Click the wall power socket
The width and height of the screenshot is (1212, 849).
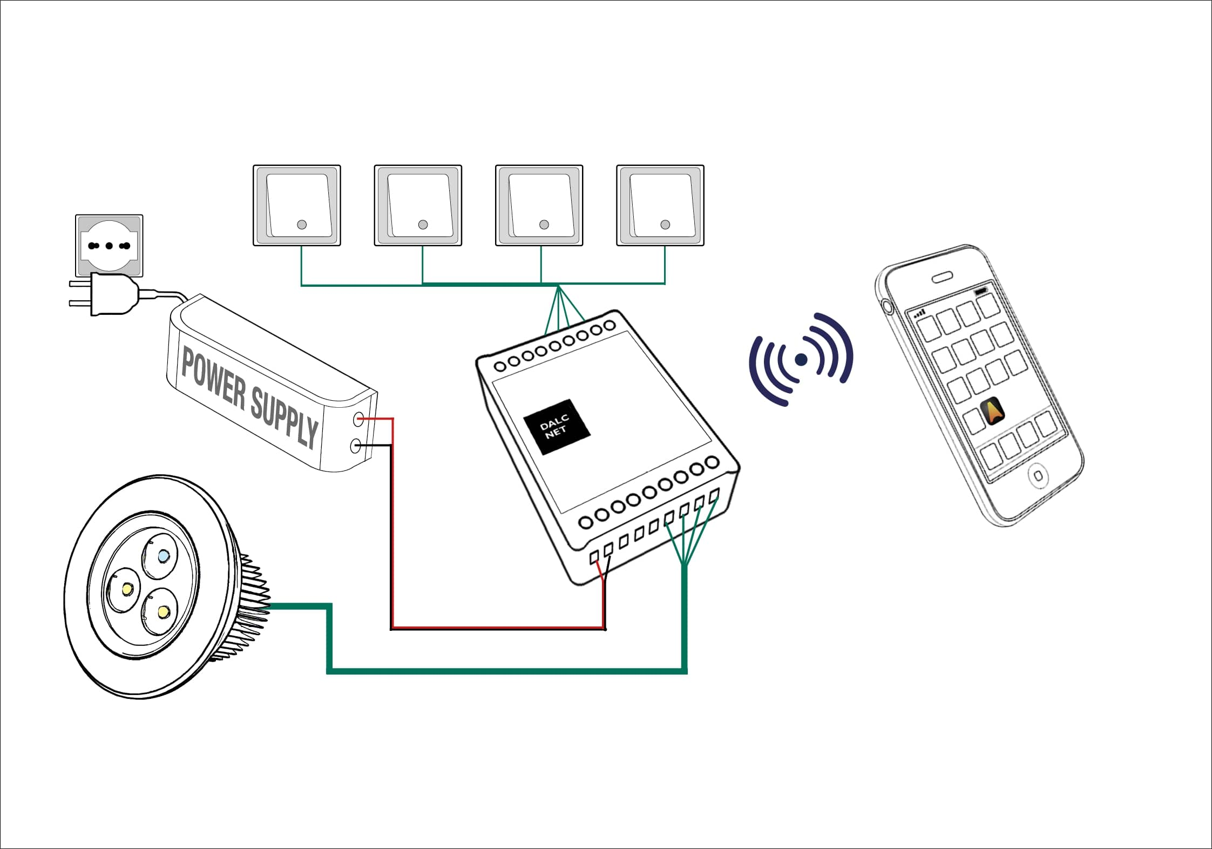[109, 246]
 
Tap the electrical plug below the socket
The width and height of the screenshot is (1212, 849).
[111, 294]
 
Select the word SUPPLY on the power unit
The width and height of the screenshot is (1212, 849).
[284, 418]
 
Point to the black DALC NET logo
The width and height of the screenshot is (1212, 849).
[557, 426]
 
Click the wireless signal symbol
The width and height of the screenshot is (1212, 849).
[802, 359]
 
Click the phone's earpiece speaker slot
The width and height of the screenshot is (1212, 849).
[942, 278]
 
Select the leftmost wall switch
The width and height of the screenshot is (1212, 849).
[297, 205]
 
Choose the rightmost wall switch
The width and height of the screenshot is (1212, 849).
[660, 205]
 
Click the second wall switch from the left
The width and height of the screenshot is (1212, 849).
[418, 205]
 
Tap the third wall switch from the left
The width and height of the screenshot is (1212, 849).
[539, 205]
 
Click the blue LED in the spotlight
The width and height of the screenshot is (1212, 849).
[163, 555]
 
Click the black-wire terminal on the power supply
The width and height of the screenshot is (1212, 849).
[355, 446]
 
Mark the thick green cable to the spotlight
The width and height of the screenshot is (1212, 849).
[507, 671]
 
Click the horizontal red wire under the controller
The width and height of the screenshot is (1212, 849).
[497, 628]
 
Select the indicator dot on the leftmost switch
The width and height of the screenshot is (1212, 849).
[302, 225]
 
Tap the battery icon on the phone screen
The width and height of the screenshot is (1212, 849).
[980, 292]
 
